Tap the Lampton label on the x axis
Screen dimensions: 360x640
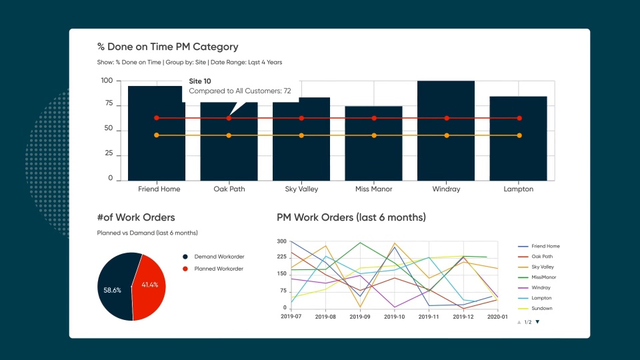(519, 189)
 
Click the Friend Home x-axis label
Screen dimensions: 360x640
(159, 189)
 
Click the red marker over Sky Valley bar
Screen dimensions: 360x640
(301, 118)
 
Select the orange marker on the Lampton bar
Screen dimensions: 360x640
(519, 135)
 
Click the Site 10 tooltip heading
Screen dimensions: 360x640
(201, 81)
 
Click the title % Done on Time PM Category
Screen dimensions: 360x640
(167, 47)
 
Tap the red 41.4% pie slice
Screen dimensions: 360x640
(151, 285)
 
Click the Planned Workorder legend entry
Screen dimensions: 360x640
(218, 269)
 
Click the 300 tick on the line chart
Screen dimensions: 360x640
(281, 241)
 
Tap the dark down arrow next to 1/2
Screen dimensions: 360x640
(537, 322)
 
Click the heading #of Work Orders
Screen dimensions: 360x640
(136, 217)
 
